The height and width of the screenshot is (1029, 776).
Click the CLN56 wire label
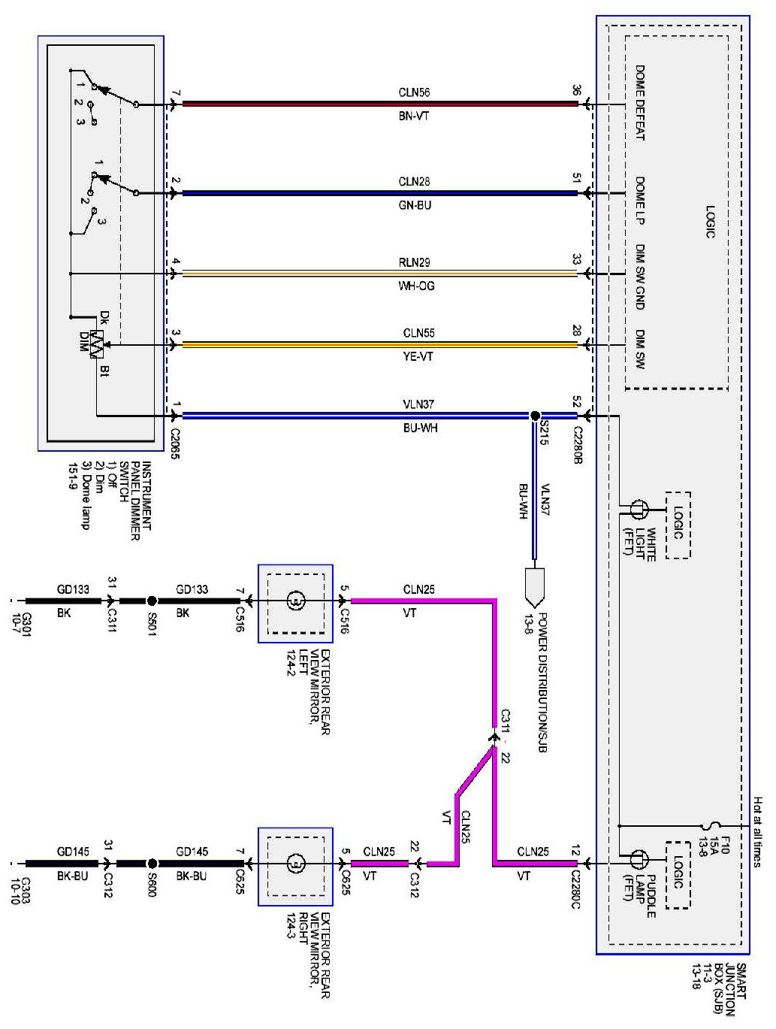[x=414, y=92]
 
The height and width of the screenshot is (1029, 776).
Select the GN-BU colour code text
[x=415, y=205]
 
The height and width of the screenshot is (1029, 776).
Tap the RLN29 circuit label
[x=414, y=262]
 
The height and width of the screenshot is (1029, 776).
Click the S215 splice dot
[x=535, y=416]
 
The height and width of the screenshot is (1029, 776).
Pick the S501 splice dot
[x=152, y=601]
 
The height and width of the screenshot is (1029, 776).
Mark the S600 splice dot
[x=152, y=864]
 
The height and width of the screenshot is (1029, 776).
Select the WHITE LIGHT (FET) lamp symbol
[x=638, y=509]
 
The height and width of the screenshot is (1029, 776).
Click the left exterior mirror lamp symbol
[x=295, y=601]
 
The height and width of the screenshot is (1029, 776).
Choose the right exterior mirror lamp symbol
[x=295, y=864]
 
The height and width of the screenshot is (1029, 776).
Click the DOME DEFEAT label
[x=640, y=102]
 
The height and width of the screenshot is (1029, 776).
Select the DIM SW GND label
[x=640, y=277]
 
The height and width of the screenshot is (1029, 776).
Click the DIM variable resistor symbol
[x=97, y=344]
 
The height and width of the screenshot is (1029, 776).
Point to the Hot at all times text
[x=757, y=831]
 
